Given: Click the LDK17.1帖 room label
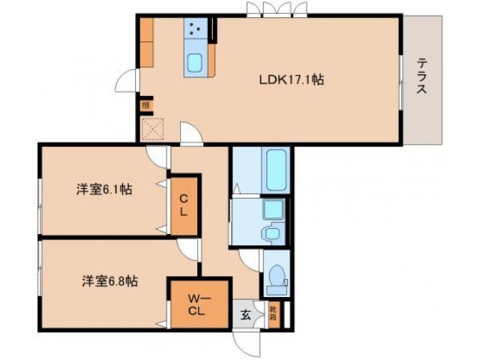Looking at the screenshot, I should [x=292, y=79].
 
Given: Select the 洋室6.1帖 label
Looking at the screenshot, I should [x=103, y=190].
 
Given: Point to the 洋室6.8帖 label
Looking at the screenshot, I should [x=109, y=282].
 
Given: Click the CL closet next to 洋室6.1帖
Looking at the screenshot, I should [x=184, y=205].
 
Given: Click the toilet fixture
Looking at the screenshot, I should [x=277, y=277].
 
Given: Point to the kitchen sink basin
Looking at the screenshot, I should [x=197, y=62].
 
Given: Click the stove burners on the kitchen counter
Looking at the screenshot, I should [x=197, y=30].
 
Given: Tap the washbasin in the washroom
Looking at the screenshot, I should [x=271, y=232].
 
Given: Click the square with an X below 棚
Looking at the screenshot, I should [x=151, y=130].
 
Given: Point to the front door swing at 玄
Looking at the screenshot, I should [x=245, y=342].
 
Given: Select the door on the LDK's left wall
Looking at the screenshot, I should [x=128, y=80].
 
